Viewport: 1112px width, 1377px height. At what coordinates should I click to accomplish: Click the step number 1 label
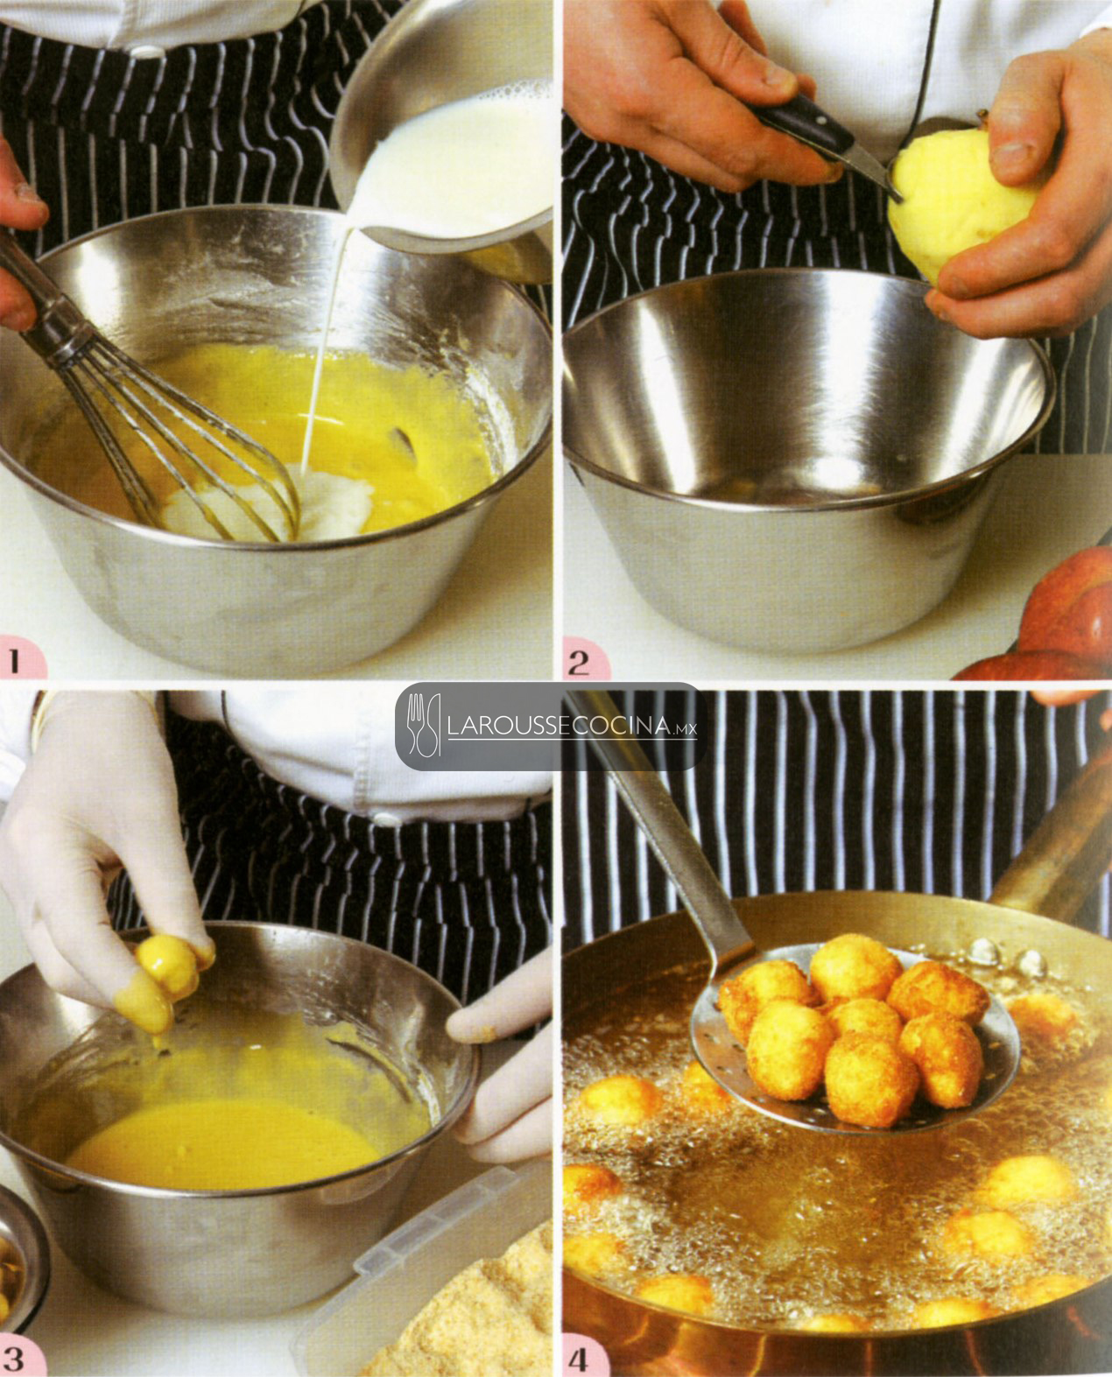pos(15,661)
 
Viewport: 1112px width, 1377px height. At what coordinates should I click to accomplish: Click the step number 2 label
pos(579,662)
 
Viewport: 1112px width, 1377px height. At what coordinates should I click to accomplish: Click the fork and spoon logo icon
pos(423,726)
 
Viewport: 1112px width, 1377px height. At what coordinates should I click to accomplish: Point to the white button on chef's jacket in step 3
pos(387,818)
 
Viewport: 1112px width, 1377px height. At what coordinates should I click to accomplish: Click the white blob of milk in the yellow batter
pos(271,504)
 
